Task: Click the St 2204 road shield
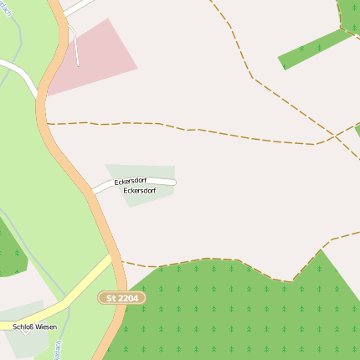(x=121, y=297)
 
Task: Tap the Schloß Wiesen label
(x=35, y=327)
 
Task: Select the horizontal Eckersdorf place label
(x=141, y=191)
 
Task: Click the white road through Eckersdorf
(x=163, y=180)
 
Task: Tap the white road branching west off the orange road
(x=18, y=73)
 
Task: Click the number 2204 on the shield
(x=127, y=297)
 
